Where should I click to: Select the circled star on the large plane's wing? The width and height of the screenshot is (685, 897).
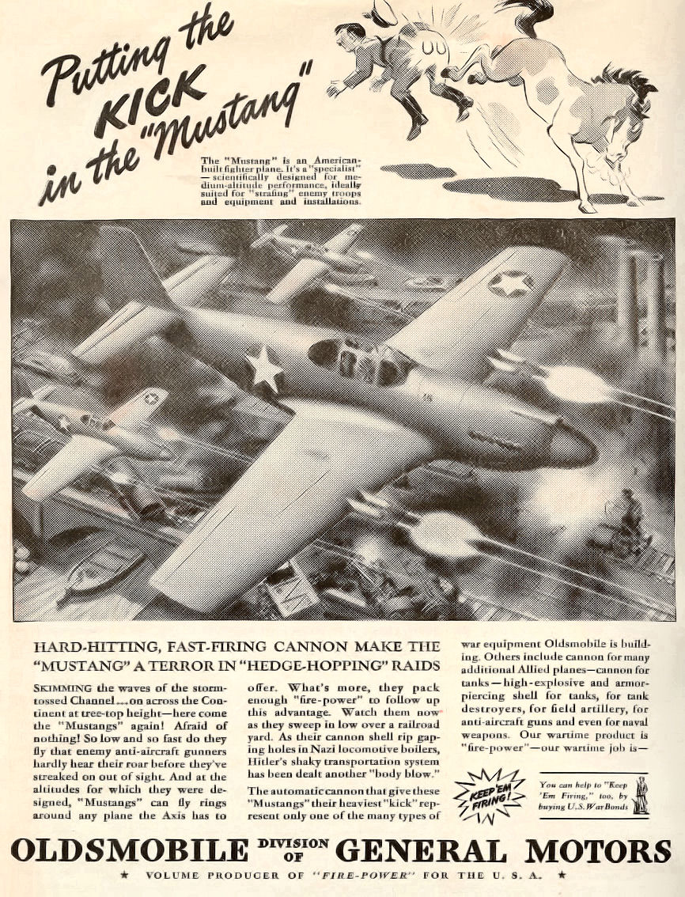[x=510, y=282]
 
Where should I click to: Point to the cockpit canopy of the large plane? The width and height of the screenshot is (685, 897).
[x=360, y=360]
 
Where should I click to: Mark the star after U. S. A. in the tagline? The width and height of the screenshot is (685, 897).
[x=561, y=876]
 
